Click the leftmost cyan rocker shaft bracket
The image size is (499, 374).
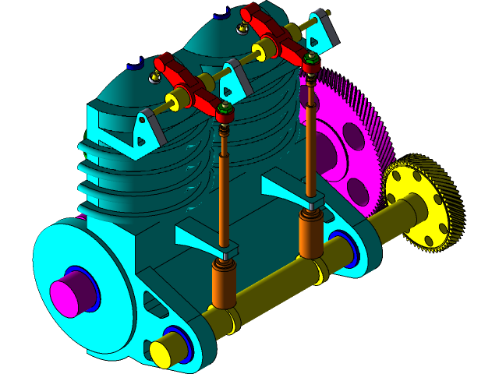[145, 128]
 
